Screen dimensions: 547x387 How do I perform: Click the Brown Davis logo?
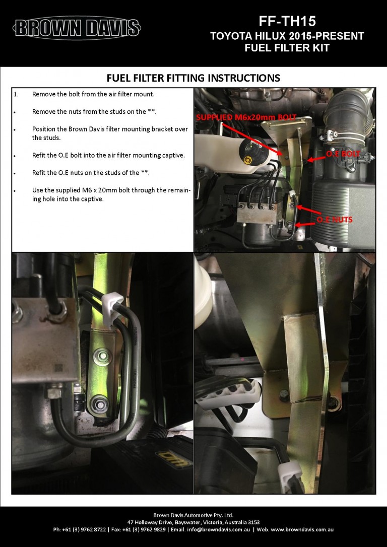pos(77,28)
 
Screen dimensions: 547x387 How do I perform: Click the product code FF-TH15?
pos(287,21)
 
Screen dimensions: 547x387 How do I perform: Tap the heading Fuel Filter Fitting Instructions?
pos(193,78)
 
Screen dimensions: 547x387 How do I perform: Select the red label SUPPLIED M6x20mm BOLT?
pos(246,117)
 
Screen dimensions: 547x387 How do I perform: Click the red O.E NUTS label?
pos(334,220)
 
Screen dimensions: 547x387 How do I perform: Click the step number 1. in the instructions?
pos(16,94)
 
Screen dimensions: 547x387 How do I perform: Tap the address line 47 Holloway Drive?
pos(193,522)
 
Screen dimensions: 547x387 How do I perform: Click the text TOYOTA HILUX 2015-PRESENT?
pos(287,36)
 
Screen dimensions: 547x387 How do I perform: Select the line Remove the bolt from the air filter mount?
pos(93,94)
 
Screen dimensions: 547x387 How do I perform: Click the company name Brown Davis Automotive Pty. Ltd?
pos(193,515)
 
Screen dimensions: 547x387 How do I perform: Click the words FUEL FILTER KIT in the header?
pos(287,48)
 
